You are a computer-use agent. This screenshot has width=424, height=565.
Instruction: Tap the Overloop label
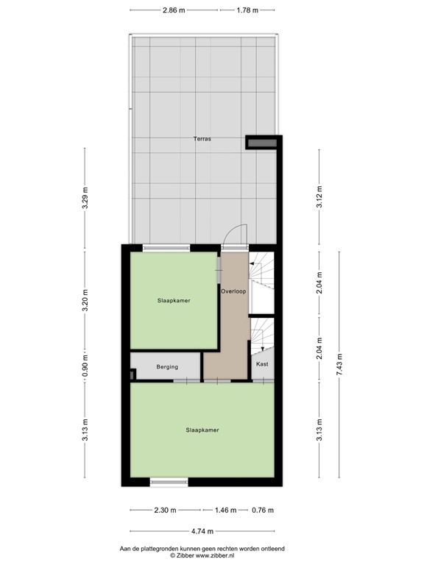click(x=233, y=291)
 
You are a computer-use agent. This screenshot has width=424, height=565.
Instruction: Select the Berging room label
click(x=167, y=366)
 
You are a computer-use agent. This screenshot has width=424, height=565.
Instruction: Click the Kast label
click(x=262, y=364)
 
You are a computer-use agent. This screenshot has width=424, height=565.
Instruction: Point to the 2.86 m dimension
click(x=174, y=10)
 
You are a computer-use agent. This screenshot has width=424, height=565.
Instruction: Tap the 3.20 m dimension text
click(x=85, y=300)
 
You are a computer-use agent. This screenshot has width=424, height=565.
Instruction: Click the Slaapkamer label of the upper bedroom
click(x=174, y=300)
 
